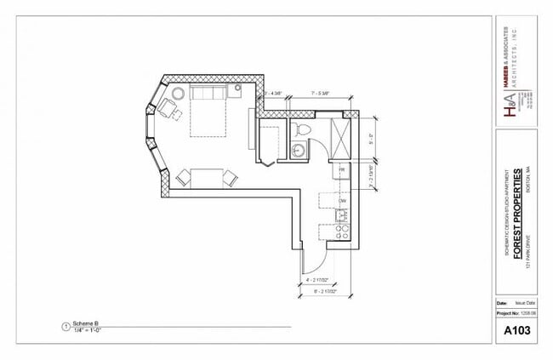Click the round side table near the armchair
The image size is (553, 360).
pos(179,93)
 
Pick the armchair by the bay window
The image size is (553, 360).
pos(167,108)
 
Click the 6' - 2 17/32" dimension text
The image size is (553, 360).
pos(327,292)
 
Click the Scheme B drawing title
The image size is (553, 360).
pos(86,323)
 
